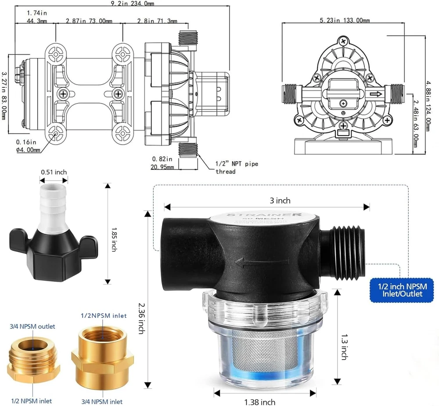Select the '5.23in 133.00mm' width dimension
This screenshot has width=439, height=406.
pos(345,20)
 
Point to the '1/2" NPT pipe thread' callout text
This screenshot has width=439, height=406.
pos(231,167)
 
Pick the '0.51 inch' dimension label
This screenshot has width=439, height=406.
pos(54,172)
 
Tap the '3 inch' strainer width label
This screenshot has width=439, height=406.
pos(280,200)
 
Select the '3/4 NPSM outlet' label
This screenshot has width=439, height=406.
pos(33,326)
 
